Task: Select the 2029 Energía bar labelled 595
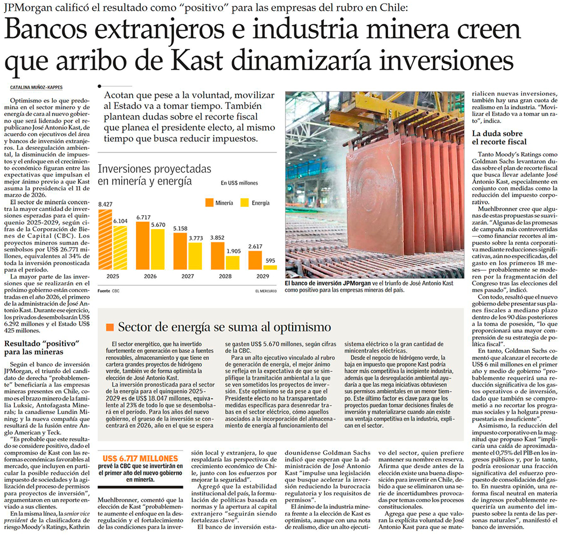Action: point(270,267)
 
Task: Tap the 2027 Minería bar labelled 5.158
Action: point(180,251)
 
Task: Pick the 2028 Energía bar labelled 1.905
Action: point(233,262)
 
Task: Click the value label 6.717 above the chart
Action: point(143,217)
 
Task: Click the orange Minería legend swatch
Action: point(208,203)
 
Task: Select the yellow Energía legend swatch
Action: point(244,203)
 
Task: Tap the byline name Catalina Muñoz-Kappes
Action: point(36,87)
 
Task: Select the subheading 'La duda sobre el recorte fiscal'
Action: point(499,138)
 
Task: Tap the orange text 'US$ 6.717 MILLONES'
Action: point(140,459)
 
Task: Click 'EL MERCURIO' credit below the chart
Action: point(266,291)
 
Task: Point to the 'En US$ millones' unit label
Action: point(239,183)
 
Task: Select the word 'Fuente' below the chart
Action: point(104,291)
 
